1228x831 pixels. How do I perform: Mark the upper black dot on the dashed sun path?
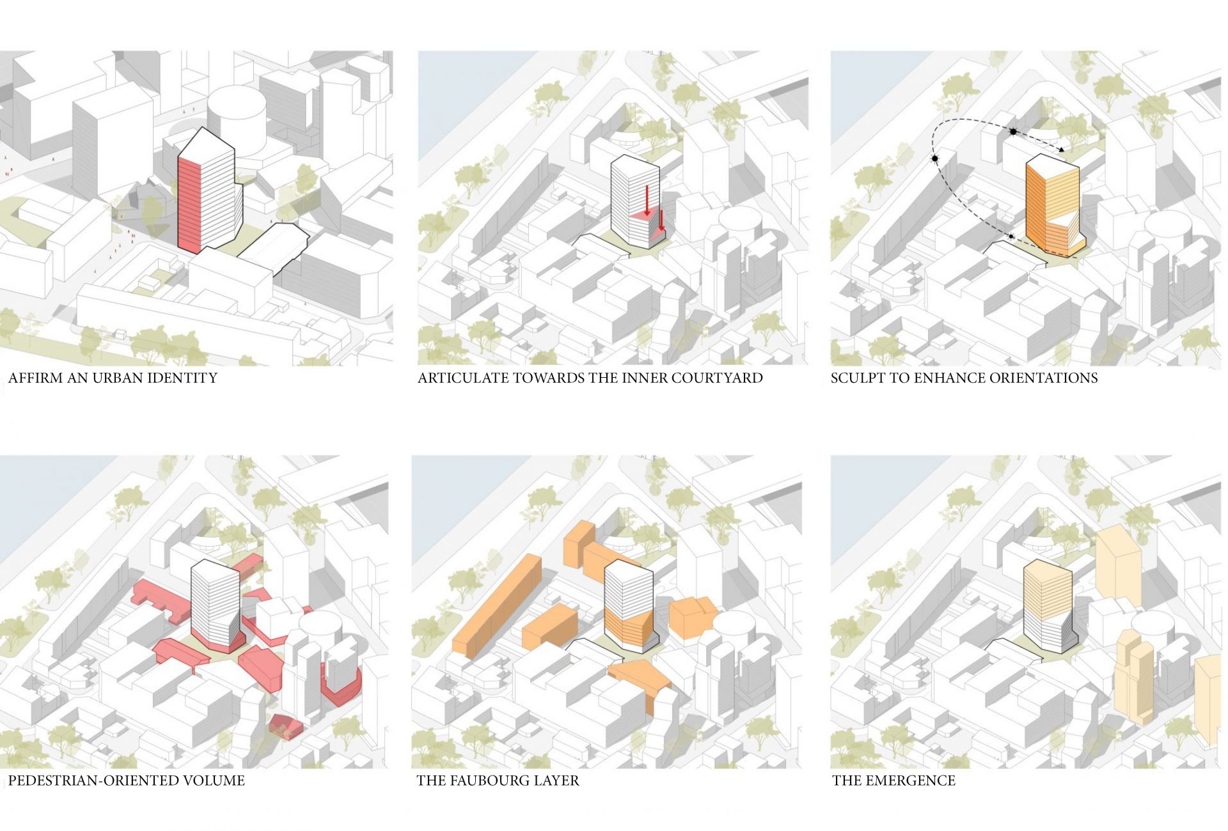click(1013, 132)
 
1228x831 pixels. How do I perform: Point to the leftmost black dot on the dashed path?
click(934, 158)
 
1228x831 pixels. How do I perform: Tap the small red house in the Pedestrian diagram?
click(285, 727)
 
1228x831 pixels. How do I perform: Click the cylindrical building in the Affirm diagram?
click(237, 121)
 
